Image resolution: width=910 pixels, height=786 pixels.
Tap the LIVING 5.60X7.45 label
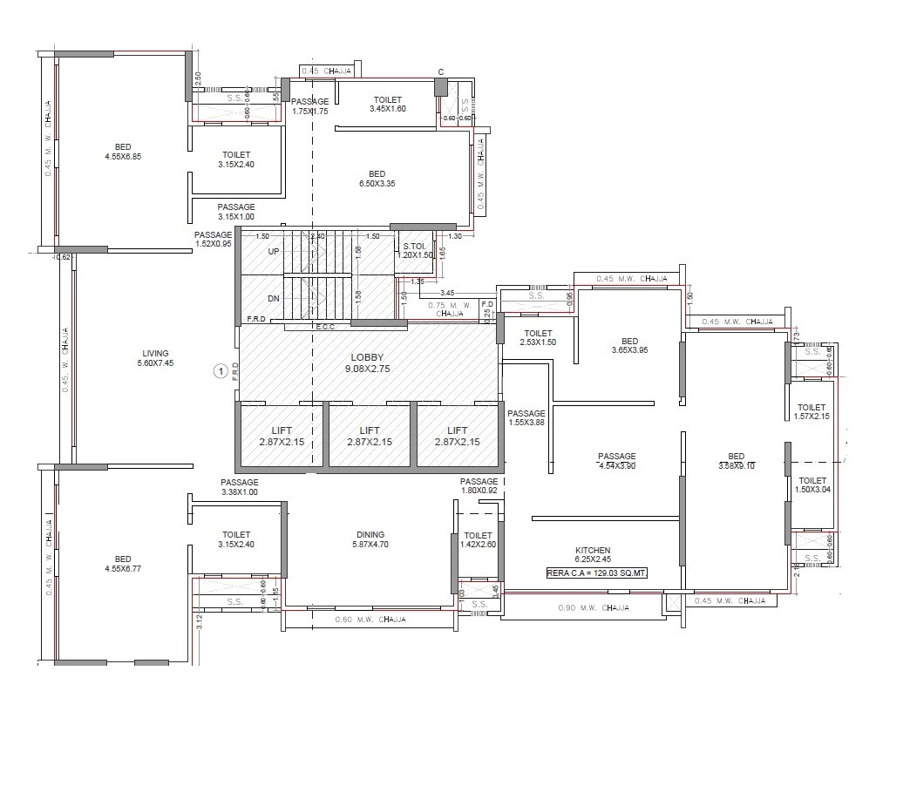tap(157, 358)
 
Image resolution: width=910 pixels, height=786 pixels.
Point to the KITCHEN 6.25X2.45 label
tap(593, 555)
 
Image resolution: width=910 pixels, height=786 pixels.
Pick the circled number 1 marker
tap(221, 371)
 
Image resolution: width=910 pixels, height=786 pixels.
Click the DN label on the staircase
tap(274, 299)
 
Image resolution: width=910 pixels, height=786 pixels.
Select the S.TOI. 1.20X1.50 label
tap(415, 251)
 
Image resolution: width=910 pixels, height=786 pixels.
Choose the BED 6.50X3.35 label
tap(377, 179)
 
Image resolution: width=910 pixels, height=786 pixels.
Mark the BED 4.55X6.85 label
tap(123, 152)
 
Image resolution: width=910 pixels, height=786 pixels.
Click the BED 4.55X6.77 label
tap(123, 565)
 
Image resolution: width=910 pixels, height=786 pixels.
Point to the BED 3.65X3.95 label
tap(629, 346)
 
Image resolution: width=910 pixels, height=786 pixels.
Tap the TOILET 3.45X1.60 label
tap(388, 105)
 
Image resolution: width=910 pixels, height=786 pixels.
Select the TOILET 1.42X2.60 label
tap(478, 540)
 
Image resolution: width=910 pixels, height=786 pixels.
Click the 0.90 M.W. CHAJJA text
tap(593, 608)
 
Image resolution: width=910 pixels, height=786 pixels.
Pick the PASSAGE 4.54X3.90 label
tap(616, 461)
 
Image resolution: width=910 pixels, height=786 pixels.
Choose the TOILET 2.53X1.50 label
tap(539, 338)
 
